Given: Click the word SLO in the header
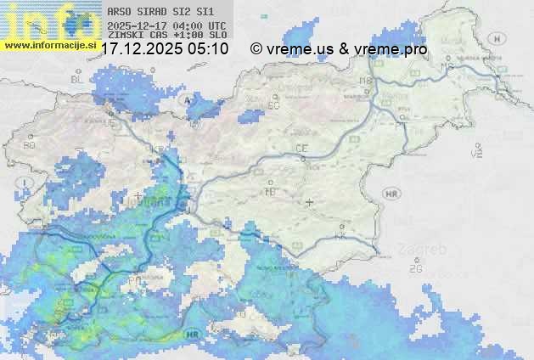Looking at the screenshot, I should [218, 36].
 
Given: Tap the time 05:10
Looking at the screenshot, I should [209, 49].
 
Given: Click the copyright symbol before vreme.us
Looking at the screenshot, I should [256, 49].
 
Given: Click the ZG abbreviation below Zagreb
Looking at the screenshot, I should [415, 268].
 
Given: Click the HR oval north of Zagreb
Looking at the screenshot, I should [391, 194].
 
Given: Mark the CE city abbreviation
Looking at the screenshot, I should [301, 148].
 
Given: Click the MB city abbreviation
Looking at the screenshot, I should [367, 81].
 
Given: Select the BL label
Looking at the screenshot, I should [78, 79].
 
